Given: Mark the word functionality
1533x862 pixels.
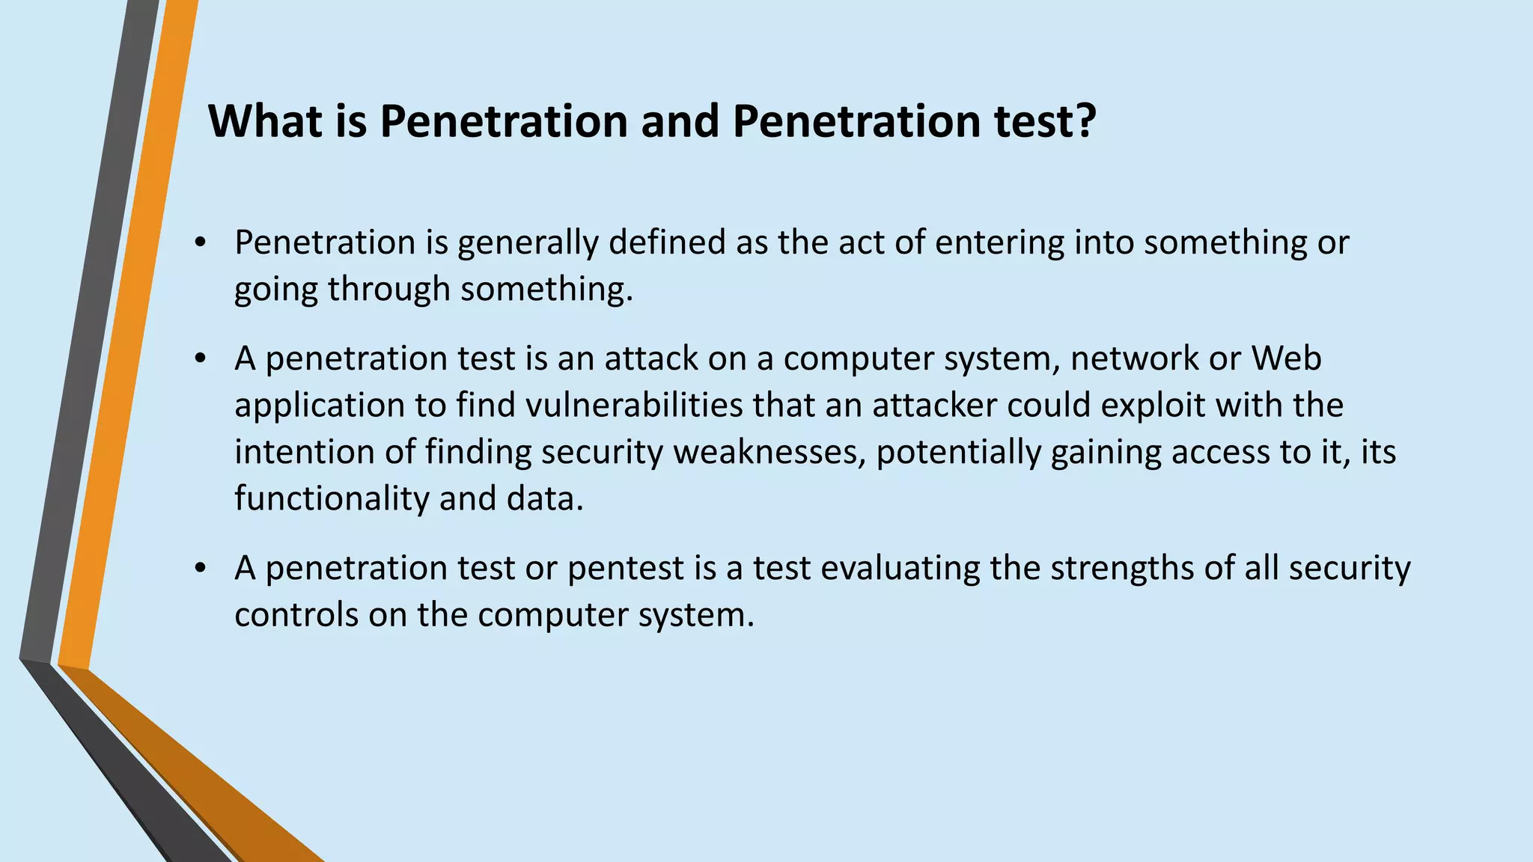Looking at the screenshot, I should (332, 499).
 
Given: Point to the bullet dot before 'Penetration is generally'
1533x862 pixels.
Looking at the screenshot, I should (199, 244).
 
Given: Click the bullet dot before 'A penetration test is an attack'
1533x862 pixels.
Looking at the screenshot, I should (199, 360).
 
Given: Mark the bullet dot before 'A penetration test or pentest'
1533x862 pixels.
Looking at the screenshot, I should (199, 569).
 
